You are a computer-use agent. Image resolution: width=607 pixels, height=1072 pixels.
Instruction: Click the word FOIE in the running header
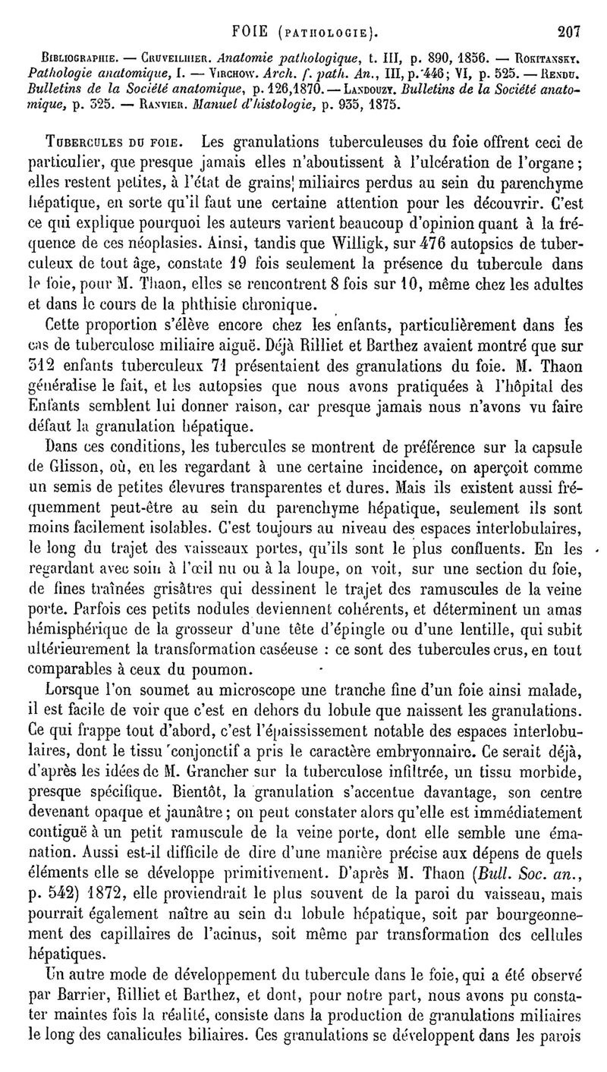click(x=250, y=32)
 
